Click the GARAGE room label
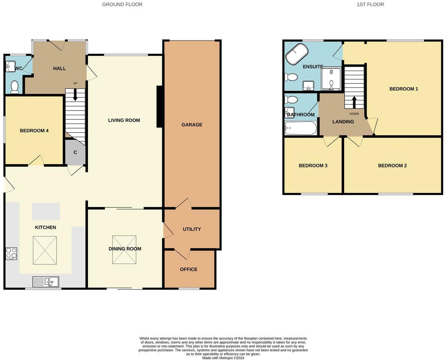click(x=192, y=125)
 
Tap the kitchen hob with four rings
click(x=11, y=254)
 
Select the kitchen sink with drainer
click(x=46, y=282)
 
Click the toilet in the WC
click(x=15, y=87)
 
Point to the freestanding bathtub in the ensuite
click(x=297, y=54)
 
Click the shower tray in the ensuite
click(x=331, y=79)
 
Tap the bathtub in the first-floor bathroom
click(x=301, y=128)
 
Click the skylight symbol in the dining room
click(x=124, y=250)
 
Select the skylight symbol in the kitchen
click(x=45, y=250)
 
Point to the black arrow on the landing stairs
click(x=354, y=102)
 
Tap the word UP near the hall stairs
click(x=75, y=83)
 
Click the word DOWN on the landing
click(x=354, y=114)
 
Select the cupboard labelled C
click(x=75, y=152)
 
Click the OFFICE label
click(x=189, y=269)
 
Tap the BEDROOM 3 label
click(x=313, y=166)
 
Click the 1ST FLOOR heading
click(x=370, y=4)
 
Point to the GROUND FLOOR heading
click(x=122, y=4)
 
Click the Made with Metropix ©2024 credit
click(x=223, y=358)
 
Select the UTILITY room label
click(x=192, y=229)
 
